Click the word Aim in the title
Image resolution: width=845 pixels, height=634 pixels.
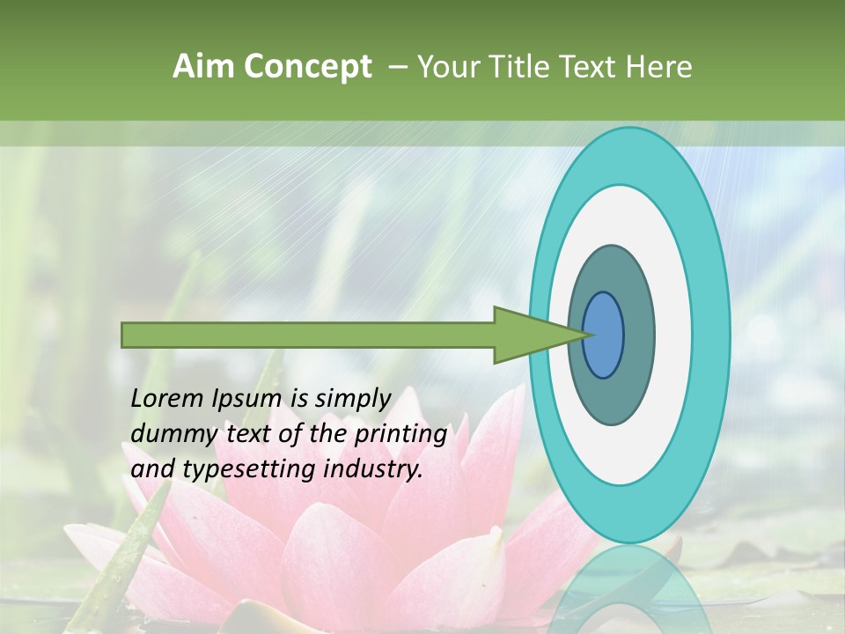tap(205, 67)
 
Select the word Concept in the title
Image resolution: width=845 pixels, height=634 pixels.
tap(308, 67)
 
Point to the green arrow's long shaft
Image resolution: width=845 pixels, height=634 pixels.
tap(308, 335)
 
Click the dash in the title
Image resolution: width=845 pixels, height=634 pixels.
tap(397, 67)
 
